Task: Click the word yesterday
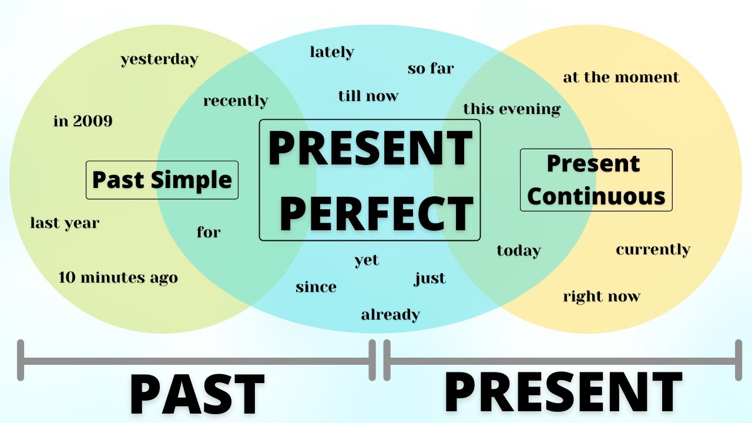coord(159,59)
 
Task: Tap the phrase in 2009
coord(83,121)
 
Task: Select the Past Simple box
coord(162,180)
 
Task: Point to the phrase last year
coord(65,223)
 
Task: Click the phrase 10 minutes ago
coord(118,277)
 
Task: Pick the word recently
coord(236,101)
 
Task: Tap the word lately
coord(332,52)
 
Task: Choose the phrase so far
coord(431,68)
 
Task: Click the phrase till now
coord(368,96)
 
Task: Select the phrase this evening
coord(512,109)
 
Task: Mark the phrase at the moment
coord(621,77)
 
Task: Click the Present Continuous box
coord(596,180)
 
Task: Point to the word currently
coord(653,250)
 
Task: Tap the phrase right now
coord(602,296)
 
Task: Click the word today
coord(519,251)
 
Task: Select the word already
coord(390,314)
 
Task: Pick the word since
coord(316,287)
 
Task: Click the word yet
coord(367,260)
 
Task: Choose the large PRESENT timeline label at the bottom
coord(562,392)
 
